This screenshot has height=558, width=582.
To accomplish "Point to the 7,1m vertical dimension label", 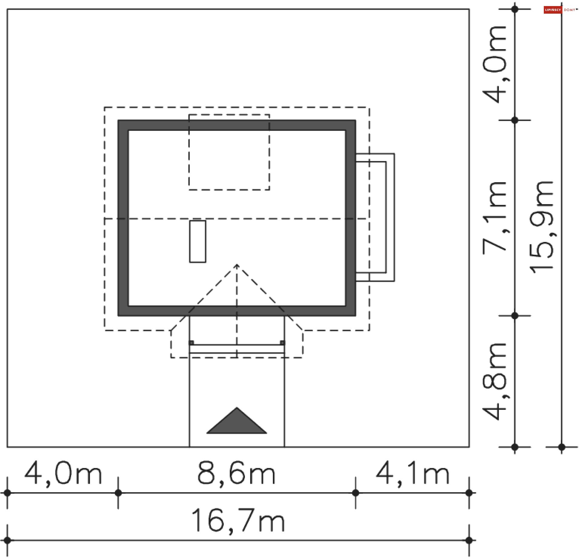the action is pyautogui.click(x=494, y=217).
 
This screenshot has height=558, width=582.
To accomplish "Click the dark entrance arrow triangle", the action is pyautogui.click(x=237, y=423).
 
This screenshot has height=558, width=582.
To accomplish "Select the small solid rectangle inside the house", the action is pyautogui.click(x=198, y=241).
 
